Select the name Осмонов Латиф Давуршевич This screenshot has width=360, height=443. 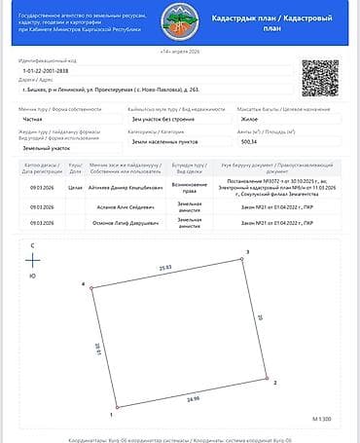[x=122, y=224]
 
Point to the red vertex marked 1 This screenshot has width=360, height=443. [x=116, y=407]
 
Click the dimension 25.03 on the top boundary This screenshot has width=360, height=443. [x=165, y=266]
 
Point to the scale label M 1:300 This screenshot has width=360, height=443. [x=322, y=417]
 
